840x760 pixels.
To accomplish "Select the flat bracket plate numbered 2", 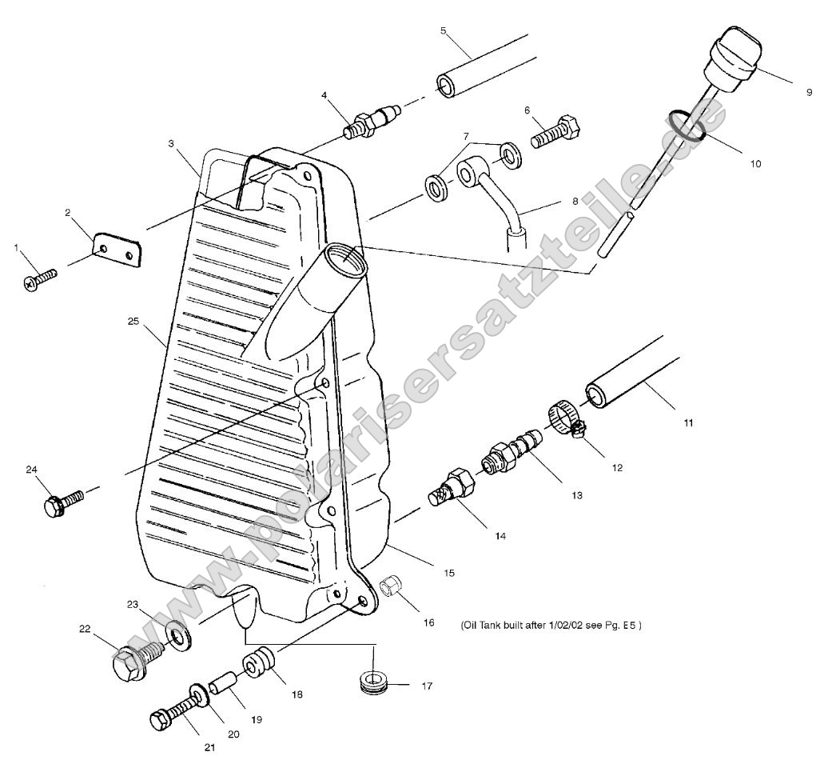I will [x=117, y=250].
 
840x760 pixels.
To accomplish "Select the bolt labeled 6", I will [x=557, y=128].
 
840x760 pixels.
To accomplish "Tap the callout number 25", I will [x=133, y=322].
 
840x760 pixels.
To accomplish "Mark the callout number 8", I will [x=575, y=202].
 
